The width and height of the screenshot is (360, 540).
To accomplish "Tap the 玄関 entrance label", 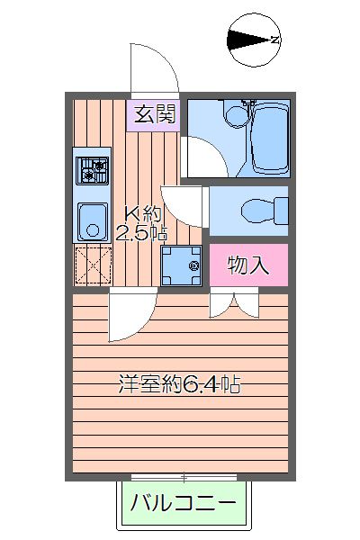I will click(155, 113).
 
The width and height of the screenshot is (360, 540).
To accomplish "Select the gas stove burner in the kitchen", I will click(91, 169).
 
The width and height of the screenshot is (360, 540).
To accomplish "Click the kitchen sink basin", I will click(91, 220).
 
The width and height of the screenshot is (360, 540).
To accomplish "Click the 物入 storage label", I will click(248, 265).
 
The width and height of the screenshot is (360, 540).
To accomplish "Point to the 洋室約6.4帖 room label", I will click(179, 384).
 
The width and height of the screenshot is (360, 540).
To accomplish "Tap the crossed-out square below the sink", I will click(91, 264).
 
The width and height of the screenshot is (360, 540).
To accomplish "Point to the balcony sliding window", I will click(183, 476).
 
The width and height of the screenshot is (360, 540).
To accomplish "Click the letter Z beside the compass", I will click(275, 39).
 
